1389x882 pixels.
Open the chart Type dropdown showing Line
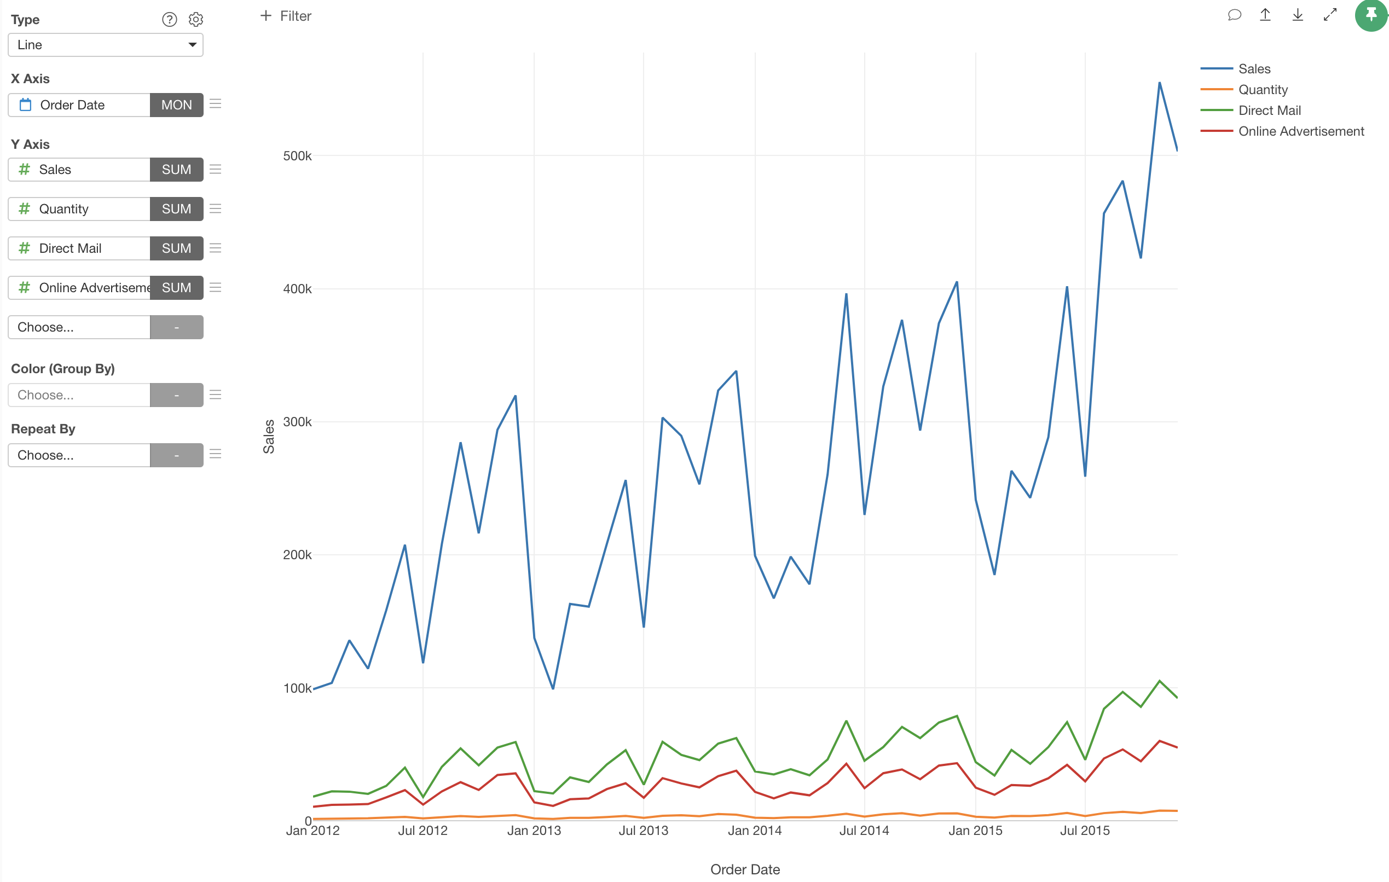point(106,45)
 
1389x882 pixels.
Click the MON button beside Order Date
point(177,105)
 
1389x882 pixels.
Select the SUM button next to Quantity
point(177,209)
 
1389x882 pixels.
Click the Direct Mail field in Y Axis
point(79,248)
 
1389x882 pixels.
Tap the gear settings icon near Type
point(196,20)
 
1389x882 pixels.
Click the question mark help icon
point(169,20)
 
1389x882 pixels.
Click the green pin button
point(1370,15)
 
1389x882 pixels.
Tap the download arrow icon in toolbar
point(1297,15)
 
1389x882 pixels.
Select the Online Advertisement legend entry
point(1301,131)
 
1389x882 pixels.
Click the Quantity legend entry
point(1263,90)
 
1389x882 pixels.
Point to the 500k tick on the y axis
point(297,156)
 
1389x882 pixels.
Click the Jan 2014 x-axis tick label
point(755,831)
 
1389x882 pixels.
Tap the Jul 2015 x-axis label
point(1084,831)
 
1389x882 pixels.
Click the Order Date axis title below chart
point(745,869)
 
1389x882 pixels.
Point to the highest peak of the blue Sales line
point(1160,83)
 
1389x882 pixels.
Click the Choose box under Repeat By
point(79,455)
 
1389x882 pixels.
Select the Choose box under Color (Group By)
point(79,395)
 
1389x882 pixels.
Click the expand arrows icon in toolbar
point(1329,15)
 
